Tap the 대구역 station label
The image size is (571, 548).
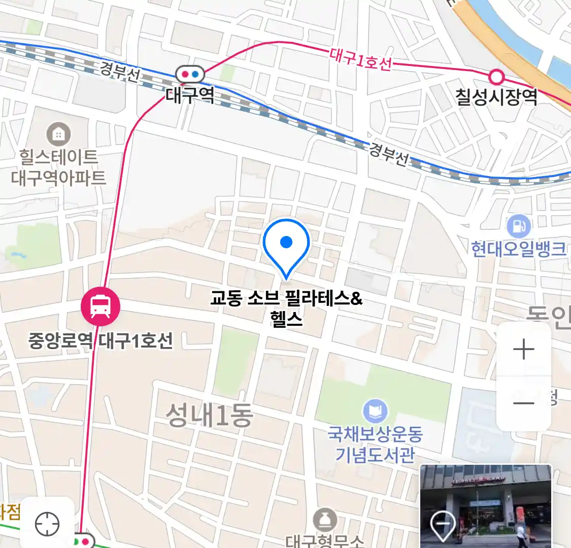coord(190,95)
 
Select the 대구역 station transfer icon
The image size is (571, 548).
coord(190,75)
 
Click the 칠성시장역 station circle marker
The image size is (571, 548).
coord(496,77)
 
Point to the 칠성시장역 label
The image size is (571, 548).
coord(496,97)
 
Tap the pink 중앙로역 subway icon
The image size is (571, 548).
coord(100,306)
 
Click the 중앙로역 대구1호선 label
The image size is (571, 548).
coord(100,340)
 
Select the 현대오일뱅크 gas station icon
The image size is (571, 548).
coord(518,226)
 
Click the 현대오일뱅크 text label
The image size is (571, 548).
coord(518,249)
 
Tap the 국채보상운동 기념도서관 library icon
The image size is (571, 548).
coord(375,411)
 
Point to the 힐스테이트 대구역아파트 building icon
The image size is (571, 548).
coord(59,134)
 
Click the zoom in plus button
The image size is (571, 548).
coord(523,350)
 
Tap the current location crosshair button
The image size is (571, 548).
coord(47,524)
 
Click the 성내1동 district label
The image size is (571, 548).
coord(210,416)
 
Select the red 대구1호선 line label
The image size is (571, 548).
coord(360,59)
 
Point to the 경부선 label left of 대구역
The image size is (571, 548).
coord(120,72)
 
